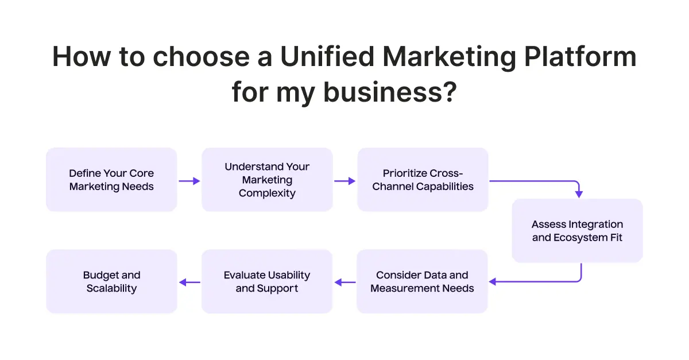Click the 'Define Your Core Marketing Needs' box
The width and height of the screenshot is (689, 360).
click(x=111, y=180)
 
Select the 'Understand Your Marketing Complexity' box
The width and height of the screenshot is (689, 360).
click(x=267, y=180)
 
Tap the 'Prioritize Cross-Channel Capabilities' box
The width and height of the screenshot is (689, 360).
click(x=423, y=180)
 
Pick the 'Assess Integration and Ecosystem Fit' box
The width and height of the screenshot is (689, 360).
click(x=578, y=231)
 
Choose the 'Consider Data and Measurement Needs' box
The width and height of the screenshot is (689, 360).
click(x=422, y=281)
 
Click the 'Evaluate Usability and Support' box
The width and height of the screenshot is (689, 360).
click(x=267, y=281)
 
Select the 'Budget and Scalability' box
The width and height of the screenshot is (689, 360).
click(x=111, y=281)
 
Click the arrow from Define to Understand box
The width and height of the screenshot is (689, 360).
click(x=189, y=181)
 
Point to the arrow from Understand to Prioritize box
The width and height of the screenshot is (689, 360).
click(x=345, y=181)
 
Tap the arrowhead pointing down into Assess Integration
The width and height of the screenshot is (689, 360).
click(x=579, y=194)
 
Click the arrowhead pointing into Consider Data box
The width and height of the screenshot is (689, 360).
click(x=493, y=281)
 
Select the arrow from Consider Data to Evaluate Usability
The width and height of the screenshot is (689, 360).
click(x=345, y=282)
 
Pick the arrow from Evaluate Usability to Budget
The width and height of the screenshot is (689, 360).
click(x=190, y=282)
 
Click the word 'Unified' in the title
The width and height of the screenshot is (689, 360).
click(x=327, y=57)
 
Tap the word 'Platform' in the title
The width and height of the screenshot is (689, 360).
click(x=580, y=57)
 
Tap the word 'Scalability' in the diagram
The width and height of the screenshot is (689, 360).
click(x=111, y=289)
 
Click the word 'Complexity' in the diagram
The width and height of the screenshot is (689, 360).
click(x=267, y=193)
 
